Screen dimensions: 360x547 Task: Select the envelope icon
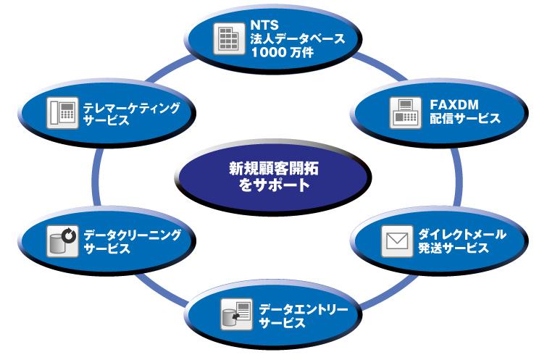pos(396,243)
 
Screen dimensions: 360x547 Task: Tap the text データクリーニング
pos(132,235)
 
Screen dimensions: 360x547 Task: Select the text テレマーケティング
pos(131,107)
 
